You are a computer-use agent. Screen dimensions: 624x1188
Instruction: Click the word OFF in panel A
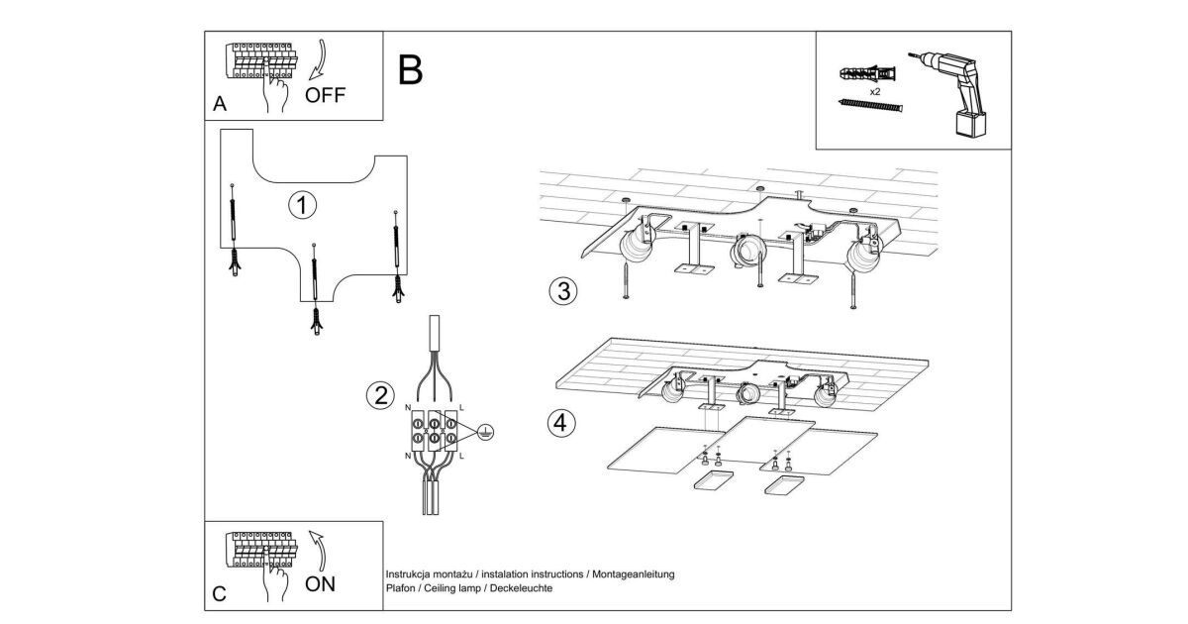[x=325, y=96]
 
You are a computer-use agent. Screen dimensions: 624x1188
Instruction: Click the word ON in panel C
[x=320, y=583]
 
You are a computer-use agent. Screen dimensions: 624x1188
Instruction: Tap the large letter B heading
[x=411, y=69]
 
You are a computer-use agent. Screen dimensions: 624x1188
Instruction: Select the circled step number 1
[x=302, y=205]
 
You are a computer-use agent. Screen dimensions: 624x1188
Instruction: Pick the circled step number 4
[x=561, y=423]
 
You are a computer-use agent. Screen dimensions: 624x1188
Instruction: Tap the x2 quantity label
[x=875, y=90]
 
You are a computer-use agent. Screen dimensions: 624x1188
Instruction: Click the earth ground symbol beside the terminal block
[x=485, y=430]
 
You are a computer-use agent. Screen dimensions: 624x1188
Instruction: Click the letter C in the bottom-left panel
[x=219, y=594]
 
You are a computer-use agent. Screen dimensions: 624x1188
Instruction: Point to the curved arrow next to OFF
[x=319, y=59]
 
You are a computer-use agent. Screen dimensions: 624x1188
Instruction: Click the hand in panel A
[x=275, y=95]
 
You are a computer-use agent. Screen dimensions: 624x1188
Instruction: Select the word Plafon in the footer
[x=400, y=588]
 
